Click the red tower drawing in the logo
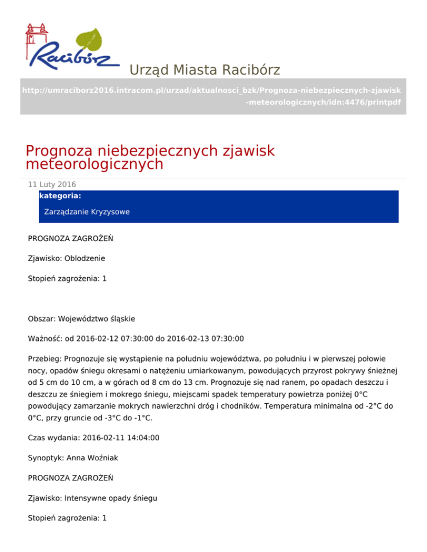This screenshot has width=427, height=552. click(x=34, y=39)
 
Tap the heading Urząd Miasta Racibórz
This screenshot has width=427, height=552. click(x=204, y=70)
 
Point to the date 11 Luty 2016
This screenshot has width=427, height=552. click(x=52, y=184)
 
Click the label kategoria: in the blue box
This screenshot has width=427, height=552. click(x=60, y=196)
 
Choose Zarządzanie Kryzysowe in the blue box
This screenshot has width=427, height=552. click(x=87, y=212)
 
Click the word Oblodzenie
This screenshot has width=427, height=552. click(x=85, y=258)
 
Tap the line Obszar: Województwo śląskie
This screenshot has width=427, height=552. click(x=81, y=319)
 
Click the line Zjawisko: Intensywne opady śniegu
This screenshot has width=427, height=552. click(x=92, y=498)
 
